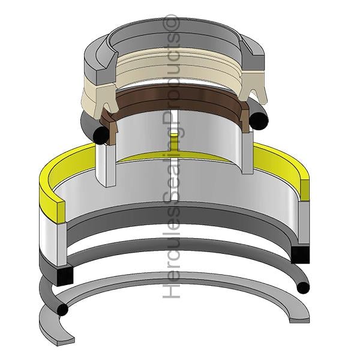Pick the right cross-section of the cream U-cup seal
253,85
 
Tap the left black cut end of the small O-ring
101,135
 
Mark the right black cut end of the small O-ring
259,120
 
